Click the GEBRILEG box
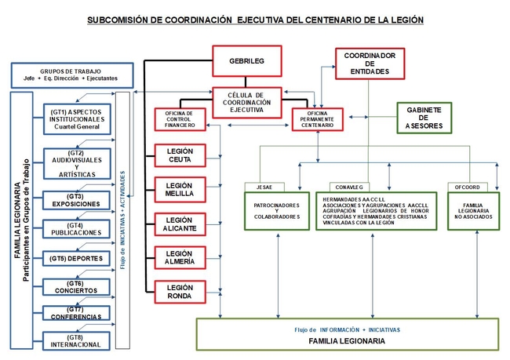246,60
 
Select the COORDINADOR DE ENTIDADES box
369,64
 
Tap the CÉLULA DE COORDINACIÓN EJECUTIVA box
246,102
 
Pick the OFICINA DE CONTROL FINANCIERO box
180,119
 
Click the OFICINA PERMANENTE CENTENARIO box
317,119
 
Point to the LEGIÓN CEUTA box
180,155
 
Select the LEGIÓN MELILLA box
180,189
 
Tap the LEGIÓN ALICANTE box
180,224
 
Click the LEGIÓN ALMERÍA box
180,257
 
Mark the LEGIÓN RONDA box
180,292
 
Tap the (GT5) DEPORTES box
75,258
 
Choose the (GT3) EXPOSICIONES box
75,200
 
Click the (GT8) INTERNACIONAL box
75,340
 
